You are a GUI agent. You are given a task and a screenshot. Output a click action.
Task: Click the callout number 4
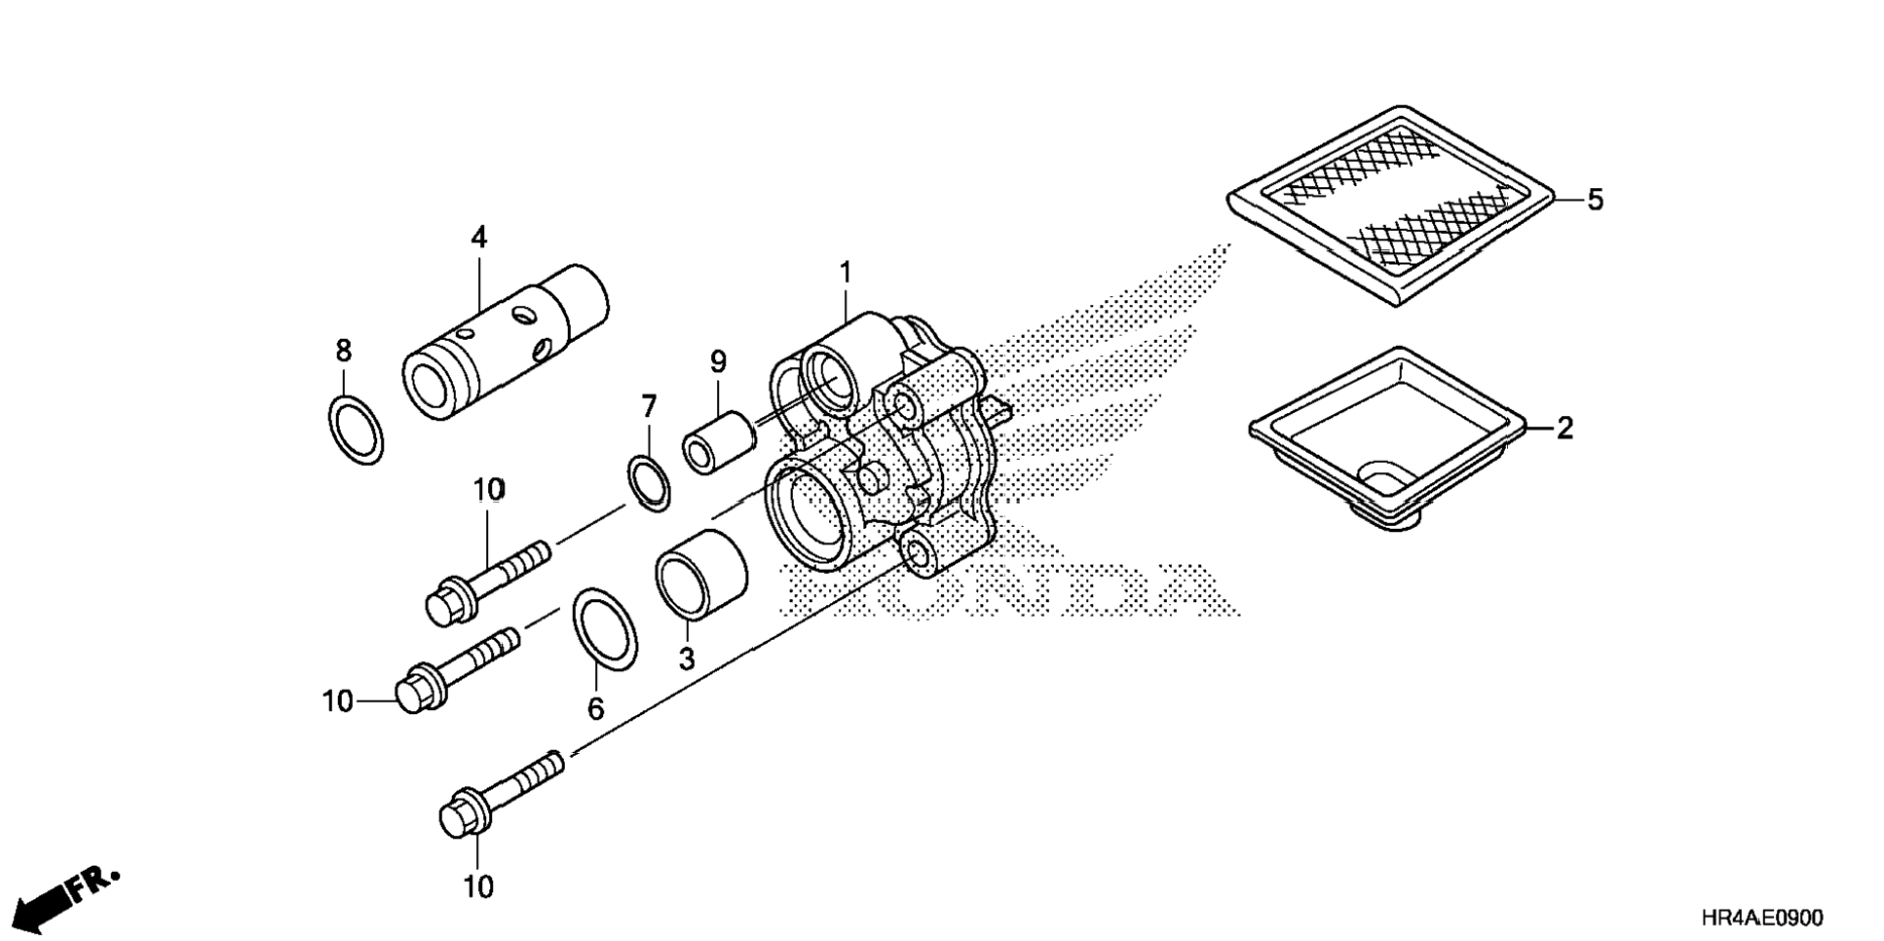click(x=478, y=238)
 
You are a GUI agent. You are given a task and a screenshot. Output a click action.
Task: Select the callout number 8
click(x=343, y=351)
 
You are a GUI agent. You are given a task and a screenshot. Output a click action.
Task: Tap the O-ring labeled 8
click(x=355, y=430)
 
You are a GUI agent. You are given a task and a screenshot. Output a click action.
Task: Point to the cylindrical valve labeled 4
click(x=505, y=342)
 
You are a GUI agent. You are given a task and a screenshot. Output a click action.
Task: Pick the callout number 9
click(x=718, y=362)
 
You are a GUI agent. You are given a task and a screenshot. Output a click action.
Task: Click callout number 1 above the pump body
click(x=846, y=273)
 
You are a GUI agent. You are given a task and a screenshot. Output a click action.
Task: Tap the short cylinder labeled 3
click(x=699, y=575)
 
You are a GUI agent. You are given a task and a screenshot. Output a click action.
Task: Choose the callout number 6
click(x=595, y=708)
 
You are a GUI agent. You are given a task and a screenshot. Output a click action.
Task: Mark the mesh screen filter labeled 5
click(x=1391, y=205)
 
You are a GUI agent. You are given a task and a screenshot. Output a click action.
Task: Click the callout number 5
click(x=1595, y=200)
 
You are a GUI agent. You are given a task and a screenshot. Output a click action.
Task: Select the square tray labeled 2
click(x=1388, y=437)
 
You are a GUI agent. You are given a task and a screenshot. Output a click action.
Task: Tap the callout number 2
click(x=1564, y=428)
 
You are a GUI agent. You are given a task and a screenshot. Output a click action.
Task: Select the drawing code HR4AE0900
click(x=1761, y=918)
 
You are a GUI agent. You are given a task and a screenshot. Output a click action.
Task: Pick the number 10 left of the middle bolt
click(x=337, y=700)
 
